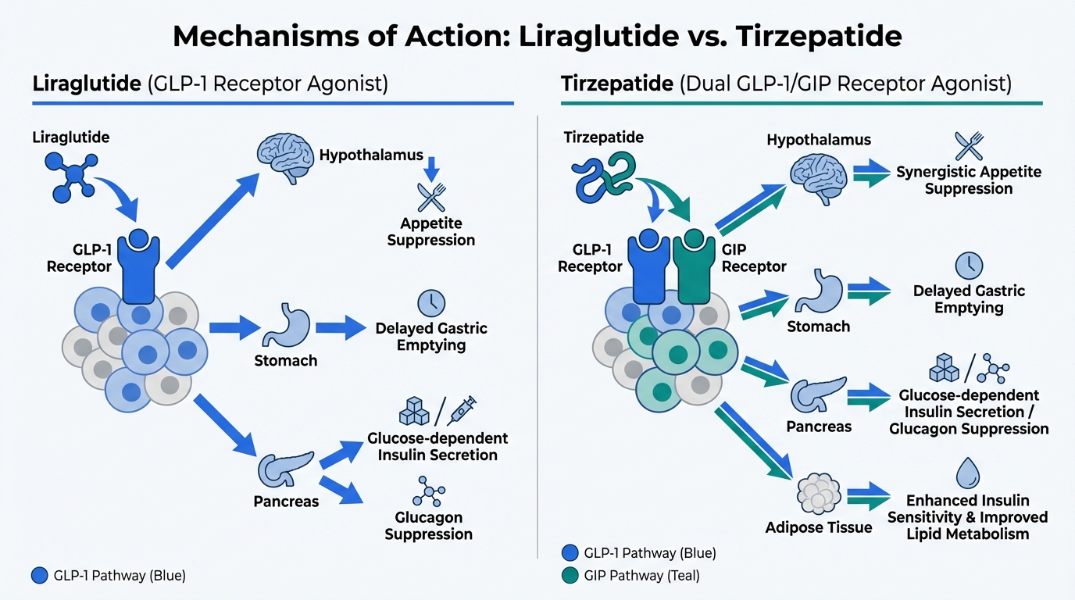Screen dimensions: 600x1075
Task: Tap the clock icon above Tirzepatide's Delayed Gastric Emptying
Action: point(969,265)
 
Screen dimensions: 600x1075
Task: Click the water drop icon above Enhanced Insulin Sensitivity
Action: point(968,473)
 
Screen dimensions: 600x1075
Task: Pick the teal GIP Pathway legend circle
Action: point(570,576)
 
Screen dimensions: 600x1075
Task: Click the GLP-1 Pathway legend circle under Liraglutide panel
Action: point(40,576)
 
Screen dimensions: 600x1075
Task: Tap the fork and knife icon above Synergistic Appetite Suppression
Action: point(969,146)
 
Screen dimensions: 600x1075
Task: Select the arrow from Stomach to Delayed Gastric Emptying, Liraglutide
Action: point(341,327)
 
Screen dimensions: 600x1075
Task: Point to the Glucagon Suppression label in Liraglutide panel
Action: point(429,526)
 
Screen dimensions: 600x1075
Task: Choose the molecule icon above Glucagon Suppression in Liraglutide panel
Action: point(429,492)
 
